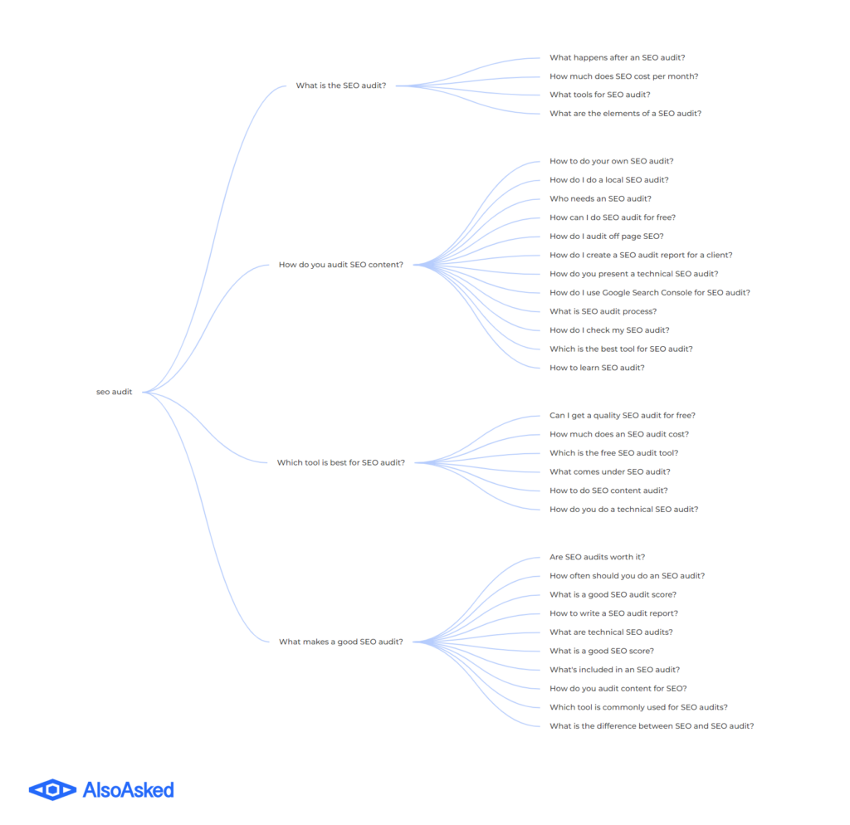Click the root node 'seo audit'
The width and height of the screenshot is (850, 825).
coord(114,392)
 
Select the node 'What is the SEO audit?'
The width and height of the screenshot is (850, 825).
coord(341,85)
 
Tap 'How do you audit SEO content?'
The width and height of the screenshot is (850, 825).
coord(341,265)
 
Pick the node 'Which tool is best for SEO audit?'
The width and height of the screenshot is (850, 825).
coord(341,462)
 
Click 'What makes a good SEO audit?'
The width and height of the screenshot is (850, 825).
coord(341,642)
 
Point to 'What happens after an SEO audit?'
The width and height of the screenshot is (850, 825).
coord(618,57)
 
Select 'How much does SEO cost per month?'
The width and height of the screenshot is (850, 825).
coord(624,76)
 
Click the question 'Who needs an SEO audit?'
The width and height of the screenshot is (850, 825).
coord(601,199)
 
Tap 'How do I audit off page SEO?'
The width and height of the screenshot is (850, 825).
coord(607,237)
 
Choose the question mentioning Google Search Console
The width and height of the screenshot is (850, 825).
coord(650,293)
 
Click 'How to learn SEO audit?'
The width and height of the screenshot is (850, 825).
coord(597,368)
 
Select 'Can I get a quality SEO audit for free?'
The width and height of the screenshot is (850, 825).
coord(623,415)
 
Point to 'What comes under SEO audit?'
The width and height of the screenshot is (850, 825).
coord(610,471)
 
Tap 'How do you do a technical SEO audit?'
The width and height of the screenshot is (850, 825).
coord(624,510)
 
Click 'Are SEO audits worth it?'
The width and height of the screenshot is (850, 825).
coord(598,557)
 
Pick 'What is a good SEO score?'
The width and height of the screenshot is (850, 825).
coord(602,651)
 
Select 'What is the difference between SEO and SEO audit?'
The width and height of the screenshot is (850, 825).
coord(652,726)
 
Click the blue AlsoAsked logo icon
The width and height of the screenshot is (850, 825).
coord(52,790)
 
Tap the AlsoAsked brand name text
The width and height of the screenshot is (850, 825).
coord(129,790)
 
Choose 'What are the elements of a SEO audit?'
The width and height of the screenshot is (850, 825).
coord(626,114)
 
